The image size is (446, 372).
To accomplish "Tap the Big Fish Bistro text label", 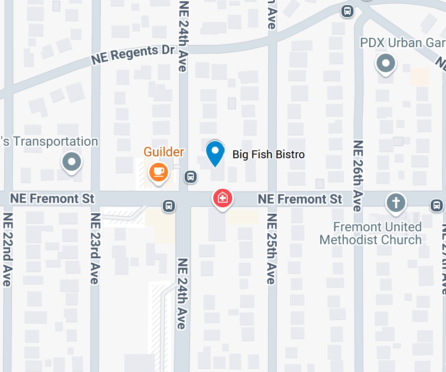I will [268, 154].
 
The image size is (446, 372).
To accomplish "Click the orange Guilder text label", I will [164, 152].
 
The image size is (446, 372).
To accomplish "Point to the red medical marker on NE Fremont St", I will [223, 198].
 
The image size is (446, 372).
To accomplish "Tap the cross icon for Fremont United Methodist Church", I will [396, 203].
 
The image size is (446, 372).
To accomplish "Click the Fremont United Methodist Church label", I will [371, 233].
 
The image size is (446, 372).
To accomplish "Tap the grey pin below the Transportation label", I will [72, 162].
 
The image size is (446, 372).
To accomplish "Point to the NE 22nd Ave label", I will [7, 250].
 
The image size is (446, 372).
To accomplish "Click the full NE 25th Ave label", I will [272, 249].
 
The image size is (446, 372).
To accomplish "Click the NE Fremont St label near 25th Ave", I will [300, 199].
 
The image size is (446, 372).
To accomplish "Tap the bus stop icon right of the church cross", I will [436, 205].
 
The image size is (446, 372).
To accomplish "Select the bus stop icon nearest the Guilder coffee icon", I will [190, 176].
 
